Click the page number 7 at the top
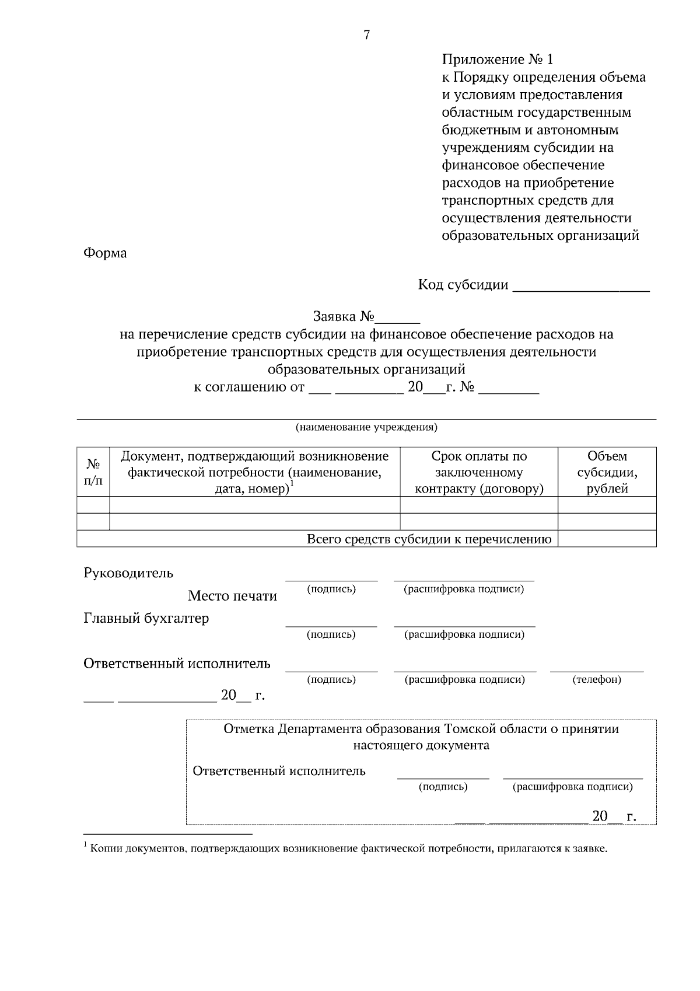coord(366,36)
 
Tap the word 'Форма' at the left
coord(105,253)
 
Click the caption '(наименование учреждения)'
coord(366,427)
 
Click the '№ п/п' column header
coord(93,472)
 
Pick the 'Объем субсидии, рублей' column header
coord(607,472)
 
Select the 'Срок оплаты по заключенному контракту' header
coord(478,472)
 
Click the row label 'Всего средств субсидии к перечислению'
coord(429,539)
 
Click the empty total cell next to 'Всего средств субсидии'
coord(607,539)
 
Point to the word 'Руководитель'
coord(128,573)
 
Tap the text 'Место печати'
coord(232,596)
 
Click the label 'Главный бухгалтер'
coord(146,618)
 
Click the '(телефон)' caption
coord(597,679)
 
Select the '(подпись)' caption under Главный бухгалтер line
coord(331,634)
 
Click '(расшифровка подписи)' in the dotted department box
coord(572,787)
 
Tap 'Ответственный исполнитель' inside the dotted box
coord(279,771)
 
